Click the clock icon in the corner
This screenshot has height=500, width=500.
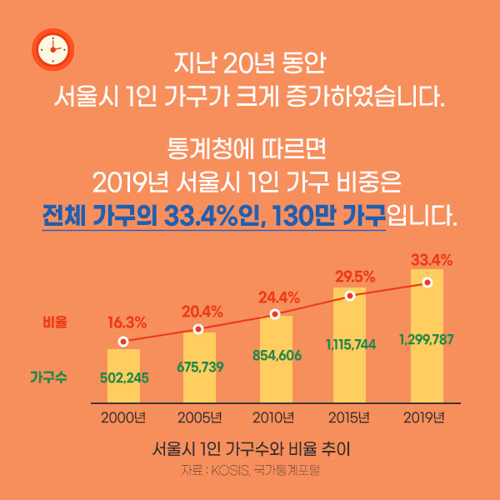pyautogui.click(x=52, y=50)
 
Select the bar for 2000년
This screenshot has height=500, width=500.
pyautogui.click(x=123, y=375)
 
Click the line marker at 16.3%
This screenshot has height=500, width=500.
pyautogui.click(x=123, y=341)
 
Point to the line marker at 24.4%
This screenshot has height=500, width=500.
pyautogui.click(x=275, y=314)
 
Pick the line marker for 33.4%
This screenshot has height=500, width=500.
pyautogui.click(x=427, y=282)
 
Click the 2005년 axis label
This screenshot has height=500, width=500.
pyautogui.click(x=199, y=417)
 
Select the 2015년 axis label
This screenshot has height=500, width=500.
pyautogui.click(x=351, y=417)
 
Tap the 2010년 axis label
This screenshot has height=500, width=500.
pyautogui.click(x=275, y=417)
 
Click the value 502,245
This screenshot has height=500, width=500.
pyautogui.click(x=124, y=377)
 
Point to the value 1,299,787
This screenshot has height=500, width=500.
pyautogui.click(x=427, y=339)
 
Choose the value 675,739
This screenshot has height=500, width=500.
pyautogui.click(x=199, y=366)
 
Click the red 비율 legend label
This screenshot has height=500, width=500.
pyautogui.click(x=55, y=321)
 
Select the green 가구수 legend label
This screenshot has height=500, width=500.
pyautogui.click(x=49, y=377)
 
